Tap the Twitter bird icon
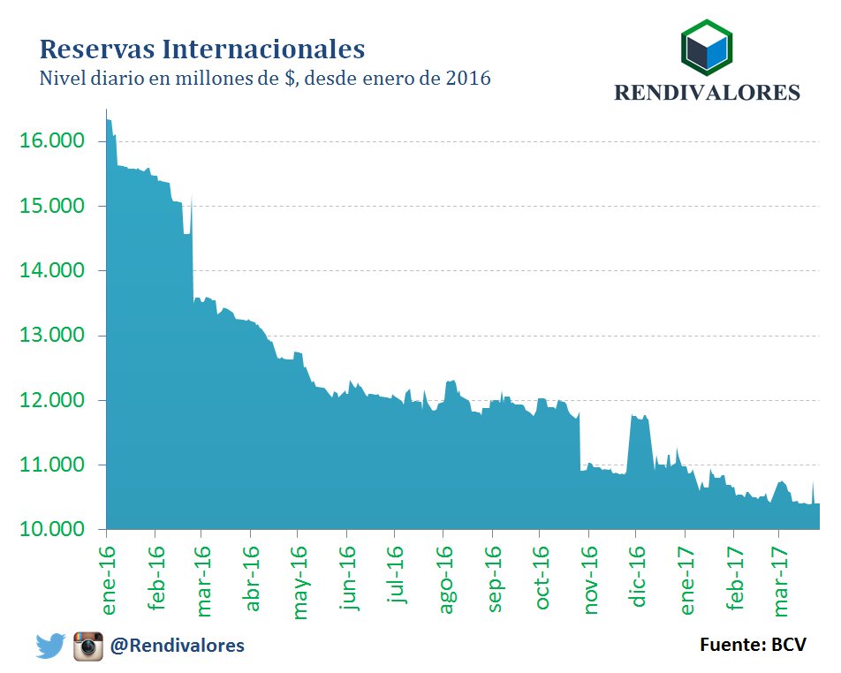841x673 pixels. [50, 647]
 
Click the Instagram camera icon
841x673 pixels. [88, 647]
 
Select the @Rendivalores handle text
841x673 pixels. [177, 647]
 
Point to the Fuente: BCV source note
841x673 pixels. [753, 645]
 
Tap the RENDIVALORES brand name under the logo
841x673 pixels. [707, 93]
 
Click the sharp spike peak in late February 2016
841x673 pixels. [191, 196]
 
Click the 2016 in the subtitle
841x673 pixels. [468, 79]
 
